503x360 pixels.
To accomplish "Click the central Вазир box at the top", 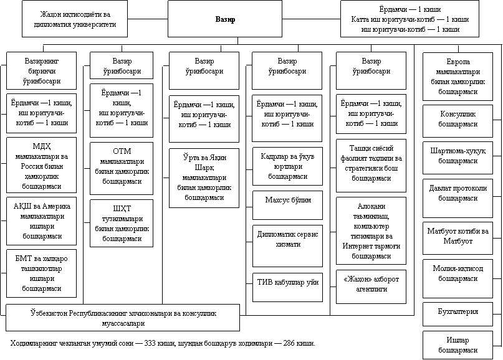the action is click(x=225, y=19).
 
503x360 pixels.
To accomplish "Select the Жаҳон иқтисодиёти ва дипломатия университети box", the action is click(x=75, y=19).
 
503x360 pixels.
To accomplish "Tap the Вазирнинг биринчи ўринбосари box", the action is click(x=41, y=70).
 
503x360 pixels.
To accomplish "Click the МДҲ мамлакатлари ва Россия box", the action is click(x=41, y=165).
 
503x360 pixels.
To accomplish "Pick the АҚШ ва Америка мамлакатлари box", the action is click(x=41, y=221).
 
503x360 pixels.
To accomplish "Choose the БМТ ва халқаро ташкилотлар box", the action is click(x=41, y=273).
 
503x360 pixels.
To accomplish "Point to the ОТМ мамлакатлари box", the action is click(x=122, y=168).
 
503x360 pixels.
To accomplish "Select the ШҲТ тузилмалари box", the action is click(x=122, y=223).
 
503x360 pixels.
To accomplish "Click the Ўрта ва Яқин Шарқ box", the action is click(x=204, y=178).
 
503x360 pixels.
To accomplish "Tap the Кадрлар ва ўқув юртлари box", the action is click(x=287, y=166).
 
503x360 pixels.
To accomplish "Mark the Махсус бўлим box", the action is click(x=287, y=205).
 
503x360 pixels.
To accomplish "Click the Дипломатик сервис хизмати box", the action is click(x=287, y=246).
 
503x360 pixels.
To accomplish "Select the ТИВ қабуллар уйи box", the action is click(x=287, y=287).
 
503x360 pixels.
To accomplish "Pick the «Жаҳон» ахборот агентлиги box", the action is click(x=371, y=287).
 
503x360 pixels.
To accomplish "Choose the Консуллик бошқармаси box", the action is click(x=457, y=121).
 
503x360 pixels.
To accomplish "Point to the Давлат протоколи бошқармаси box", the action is click(x=457, y=198).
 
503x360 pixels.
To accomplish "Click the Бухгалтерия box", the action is click(x=457, y=314).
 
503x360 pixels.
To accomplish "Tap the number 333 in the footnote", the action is click(x=150, y=343).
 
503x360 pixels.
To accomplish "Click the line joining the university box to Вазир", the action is click(x=148, y=19).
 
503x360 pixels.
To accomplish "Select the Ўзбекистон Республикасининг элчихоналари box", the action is click(x=123, y=318).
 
